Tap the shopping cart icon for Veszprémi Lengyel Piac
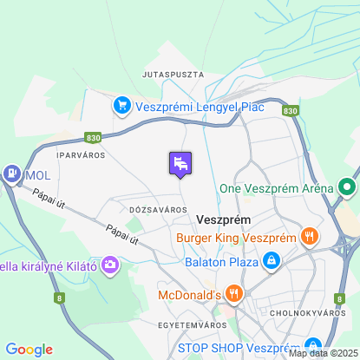(121, 107)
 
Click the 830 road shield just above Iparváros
(93, 137)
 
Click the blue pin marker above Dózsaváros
(180, 163)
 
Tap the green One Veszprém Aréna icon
(347, 187)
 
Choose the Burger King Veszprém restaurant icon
(309, 236)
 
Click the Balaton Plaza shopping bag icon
(272, 260)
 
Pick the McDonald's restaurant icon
(232, 294)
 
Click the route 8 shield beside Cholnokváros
(342, 299)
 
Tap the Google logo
(29, 350)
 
